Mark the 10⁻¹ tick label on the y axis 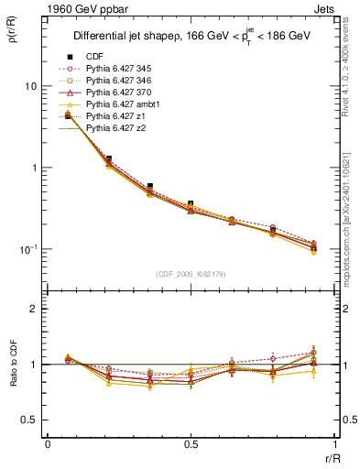tap(27, 249)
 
